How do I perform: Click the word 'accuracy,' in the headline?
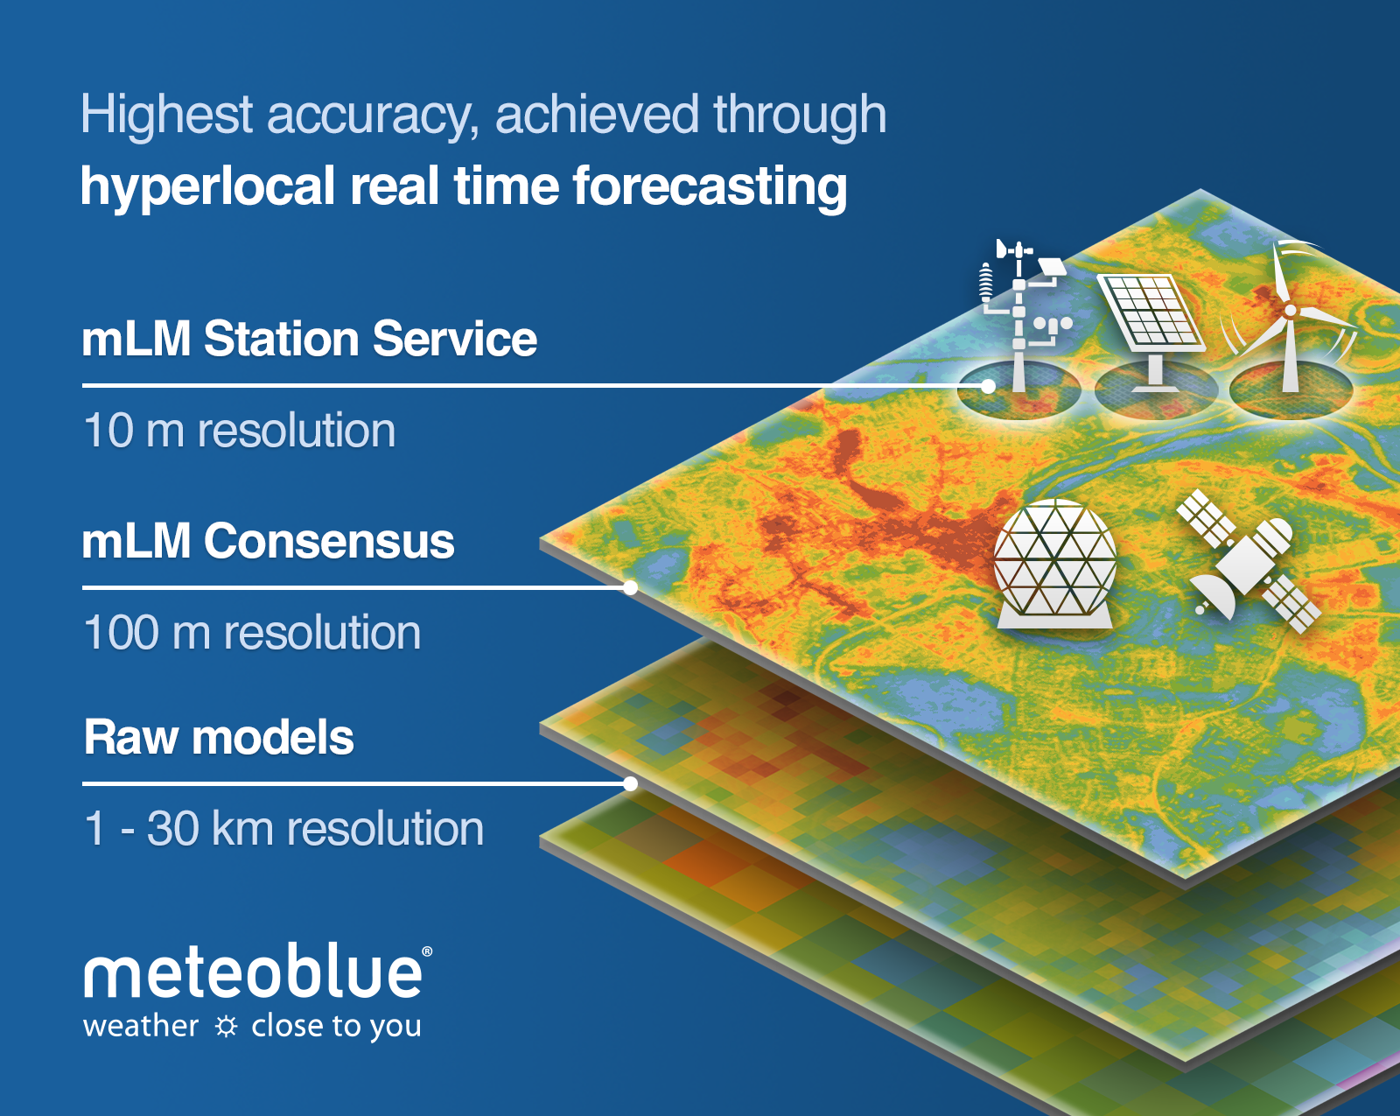[x=373, y=116]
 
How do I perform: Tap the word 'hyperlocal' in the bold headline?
[x=207, y=187]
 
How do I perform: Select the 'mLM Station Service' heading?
[x=309, y=339]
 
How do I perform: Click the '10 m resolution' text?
[x=240, y=430]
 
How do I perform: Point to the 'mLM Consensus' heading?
[x=268, y=541]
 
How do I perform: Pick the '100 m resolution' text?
[x=252, y=632]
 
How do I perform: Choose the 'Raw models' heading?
[x=219, y=737]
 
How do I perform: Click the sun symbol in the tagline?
[x=227, y=1027]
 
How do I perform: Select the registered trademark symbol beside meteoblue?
[x=427, y=951]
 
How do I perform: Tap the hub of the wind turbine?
[x=1290, y=311]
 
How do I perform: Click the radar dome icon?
[x=1055, y=564]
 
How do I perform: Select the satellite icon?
[x=1248, y=562]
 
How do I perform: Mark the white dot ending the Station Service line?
[x=988, y=387]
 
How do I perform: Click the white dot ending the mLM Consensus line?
[x=630, y=588]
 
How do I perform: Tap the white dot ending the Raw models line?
[x=630, y=784]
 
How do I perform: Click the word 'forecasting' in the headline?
[x=710, y=187]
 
